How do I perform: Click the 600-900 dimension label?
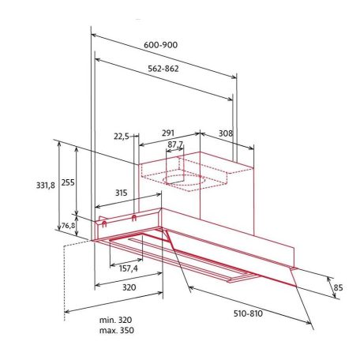161,45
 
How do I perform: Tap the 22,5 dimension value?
122,136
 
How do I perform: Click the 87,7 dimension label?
175,144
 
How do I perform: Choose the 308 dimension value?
225,134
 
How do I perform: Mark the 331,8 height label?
47,186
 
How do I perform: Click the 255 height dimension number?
68,182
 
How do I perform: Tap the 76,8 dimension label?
69,226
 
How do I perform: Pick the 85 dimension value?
339,287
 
